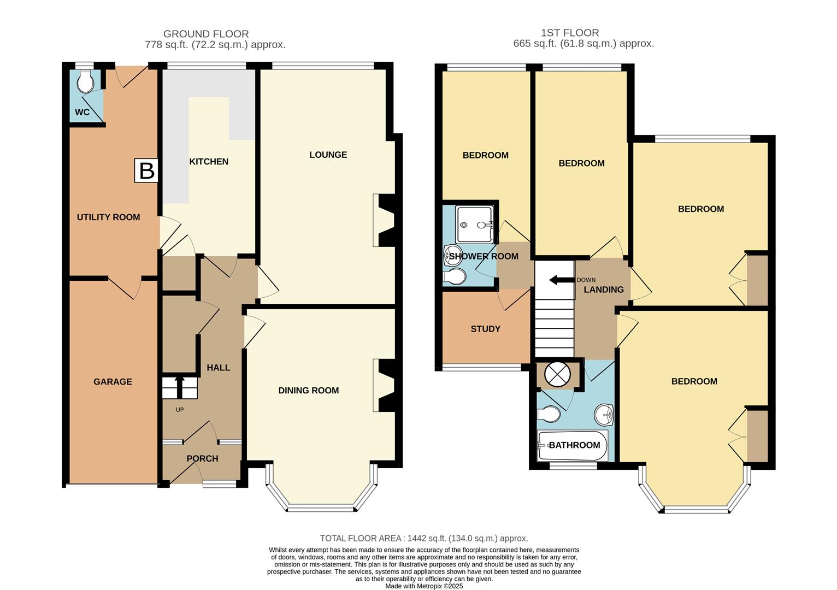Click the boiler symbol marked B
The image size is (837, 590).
coord(146,170)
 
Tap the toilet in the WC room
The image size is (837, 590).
coord(85,82)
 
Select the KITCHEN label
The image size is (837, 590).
coord(209,162)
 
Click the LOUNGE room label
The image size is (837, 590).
coord(328,155)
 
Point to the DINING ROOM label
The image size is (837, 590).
coord(308,390)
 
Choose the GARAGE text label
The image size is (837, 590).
coord(113,381)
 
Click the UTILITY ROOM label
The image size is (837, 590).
coord(108,217)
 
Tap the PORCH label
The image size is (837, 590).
coord(202,458)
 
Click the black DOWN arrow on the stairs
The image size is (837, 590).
coord(561,280)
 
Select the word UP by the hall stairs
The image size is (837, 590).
coord(180,410)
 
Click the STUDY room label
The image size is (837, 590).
coord(485,329)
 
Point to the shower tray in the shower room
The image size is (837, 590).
coord(475,224)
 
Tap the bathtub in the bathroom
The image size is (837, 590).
coord(573,445)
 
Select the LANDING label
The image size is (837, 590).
coord(603,290)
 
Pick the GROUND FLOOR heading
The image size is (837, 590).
coord(206,34)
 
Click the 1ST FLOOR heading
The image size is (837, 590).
coord(570,33)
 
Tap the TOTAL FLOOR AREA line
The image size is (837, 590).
coord(423,538)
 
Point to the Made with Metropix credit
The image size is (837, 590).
coord(423,586)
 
